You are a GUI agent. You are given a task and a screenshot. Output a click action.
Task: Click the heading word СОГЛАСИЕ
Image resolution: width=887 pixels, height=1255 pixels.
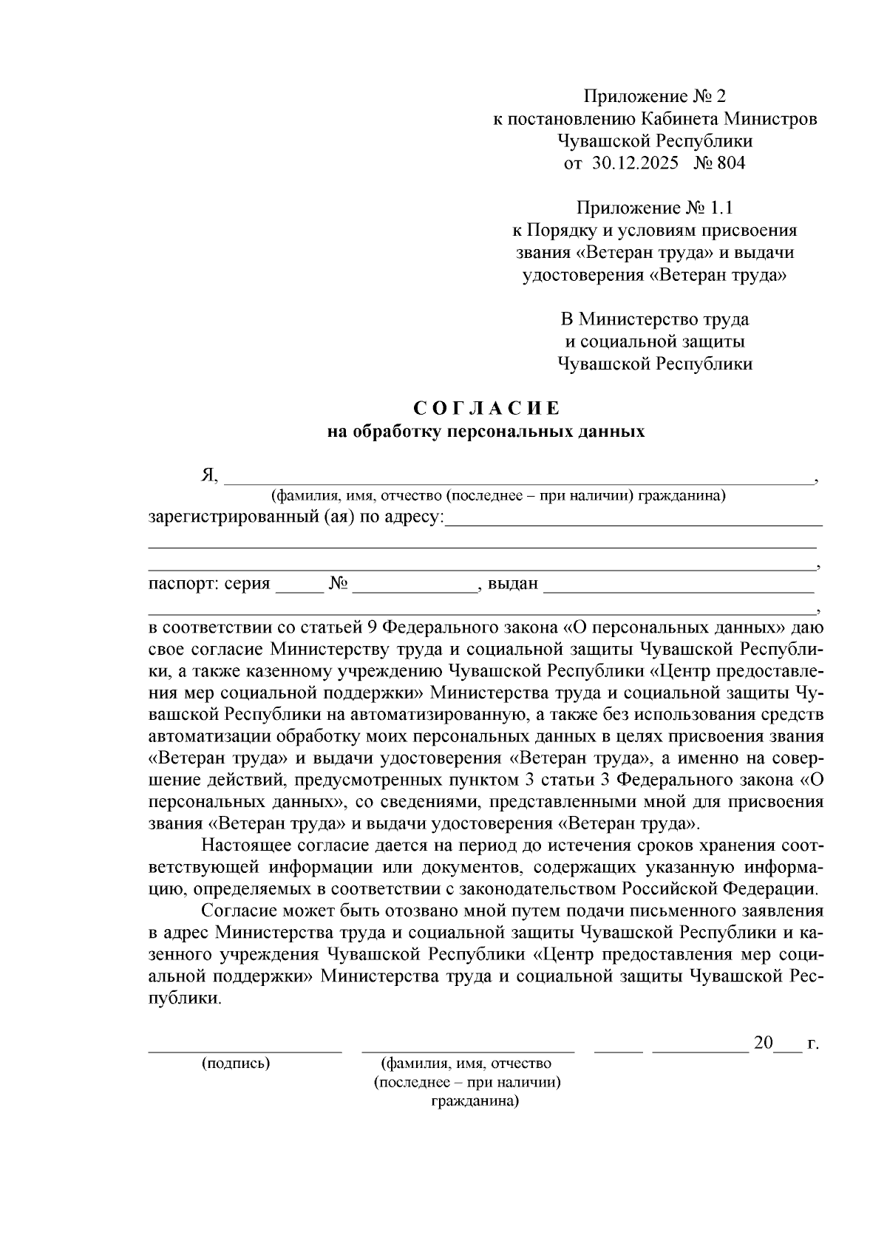pyautogui.click(x=486, y=409)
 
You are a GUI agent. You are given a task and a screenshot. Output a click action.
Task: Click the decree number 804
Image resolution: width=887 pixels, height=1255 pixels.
pyautogui.click(x=731, y=163)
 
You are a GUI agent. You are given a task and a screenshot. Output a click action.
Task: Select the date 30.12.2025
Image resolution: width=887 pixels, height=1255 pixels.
pyautogui.click(x=635, y=163)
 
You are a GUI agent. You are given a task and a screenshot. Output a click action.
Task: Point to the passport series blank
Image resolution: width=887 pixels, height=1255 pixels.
pyautogui.click(x=299, y=588)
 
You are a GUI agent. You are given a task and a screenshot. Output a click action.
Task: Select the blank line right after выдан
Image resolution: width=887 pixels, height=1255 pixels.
pyautogui.click(x=679, y=588)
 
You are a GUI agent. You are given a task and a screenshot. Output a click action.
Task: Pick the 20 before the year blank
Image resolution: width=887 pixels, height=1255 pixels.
pyautogui.click(x=763, y=1043)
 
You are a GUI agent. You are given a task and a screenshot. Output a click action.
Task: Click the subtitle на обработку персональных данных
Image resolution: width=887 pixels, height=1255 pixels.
pyautogui.click(x=486, y=432)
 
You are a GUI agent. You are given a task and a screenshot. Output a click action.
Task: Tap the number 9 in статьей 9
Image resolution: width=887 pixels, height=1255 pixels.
pyautogui.click(x=372, y=627)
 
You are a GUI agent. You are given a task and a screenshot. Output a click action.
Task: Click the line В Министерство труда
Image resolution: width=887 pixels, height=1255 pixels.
pyautogui.click(x=655, y=319)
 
